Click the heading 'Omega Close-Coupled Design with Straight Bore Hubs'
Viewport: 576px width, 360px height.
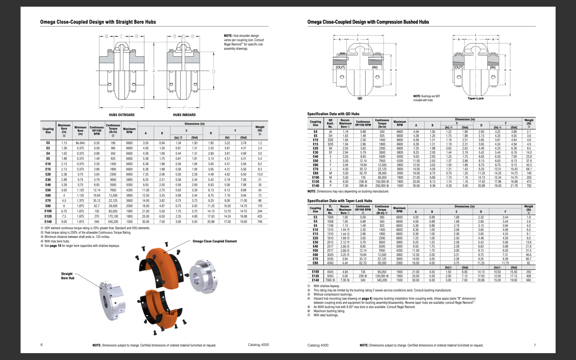coord(98,22)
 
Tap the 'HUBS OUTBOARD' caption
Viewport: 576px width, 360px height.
coord(122,115)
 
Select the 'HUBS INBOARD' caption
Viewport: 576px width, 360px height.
coord(184,115)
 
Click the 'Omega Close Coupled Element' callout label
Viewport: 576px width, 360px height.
coord(215,241)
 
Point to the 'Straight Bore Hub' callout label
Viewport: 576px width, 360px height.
coord(67,276)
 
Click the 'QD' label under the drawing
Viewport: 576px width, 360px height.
coord(360,99)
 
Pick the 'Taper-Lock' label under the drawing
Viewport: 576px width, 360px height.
coord(475,99)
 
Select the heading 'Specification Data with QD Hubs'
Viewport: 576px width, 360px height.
coord(333,114)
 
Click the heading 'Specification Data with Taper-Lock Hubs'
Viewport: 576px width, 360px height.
coord(339,201)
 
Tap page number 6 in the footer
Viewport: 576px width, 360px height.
coord(41,345)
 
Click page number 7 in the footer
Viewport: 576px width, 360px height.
coord(535,345)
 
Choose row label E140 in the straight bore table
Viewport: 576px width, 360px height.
coord(48,221)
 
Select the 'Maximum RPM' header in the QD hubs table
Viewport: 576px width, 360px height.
coord(399,123)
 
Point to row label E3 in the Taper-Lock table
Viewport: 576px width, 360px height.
coord(315,217)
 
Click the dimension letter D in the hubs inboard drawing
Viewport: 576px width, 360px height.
coord(214,71)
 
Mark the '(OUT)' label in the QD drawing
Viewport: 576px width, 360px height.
coord(341,68)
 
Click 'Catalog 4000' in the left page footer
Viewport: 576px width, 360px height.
coord(258,345)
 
